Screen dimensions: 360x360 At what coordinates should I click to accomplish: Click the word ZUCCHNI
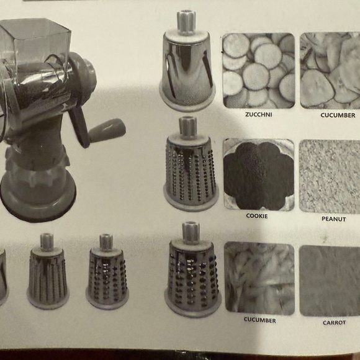pos(258,115)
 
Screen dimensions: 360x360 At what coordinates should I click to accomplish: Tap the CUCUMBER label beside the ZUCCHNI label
pos(338,115)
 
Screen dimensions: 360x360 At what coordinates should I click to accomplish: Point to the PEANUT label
pos(334,220)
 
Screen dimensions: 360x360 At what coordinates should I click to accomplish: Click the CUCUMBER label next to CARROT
pos(259,321)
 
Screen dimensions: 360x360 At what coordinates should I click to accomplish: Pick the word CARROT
pos(334,323)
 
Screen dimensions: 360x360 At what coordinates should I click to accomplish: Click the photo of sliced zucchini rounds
pos(258,70)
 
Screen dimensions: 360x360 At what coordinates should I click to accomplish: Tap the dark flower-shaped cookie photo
pos(258,175)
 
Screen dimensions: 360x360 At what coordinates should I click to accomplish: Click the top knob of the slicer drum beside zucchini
pos(186,20)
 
